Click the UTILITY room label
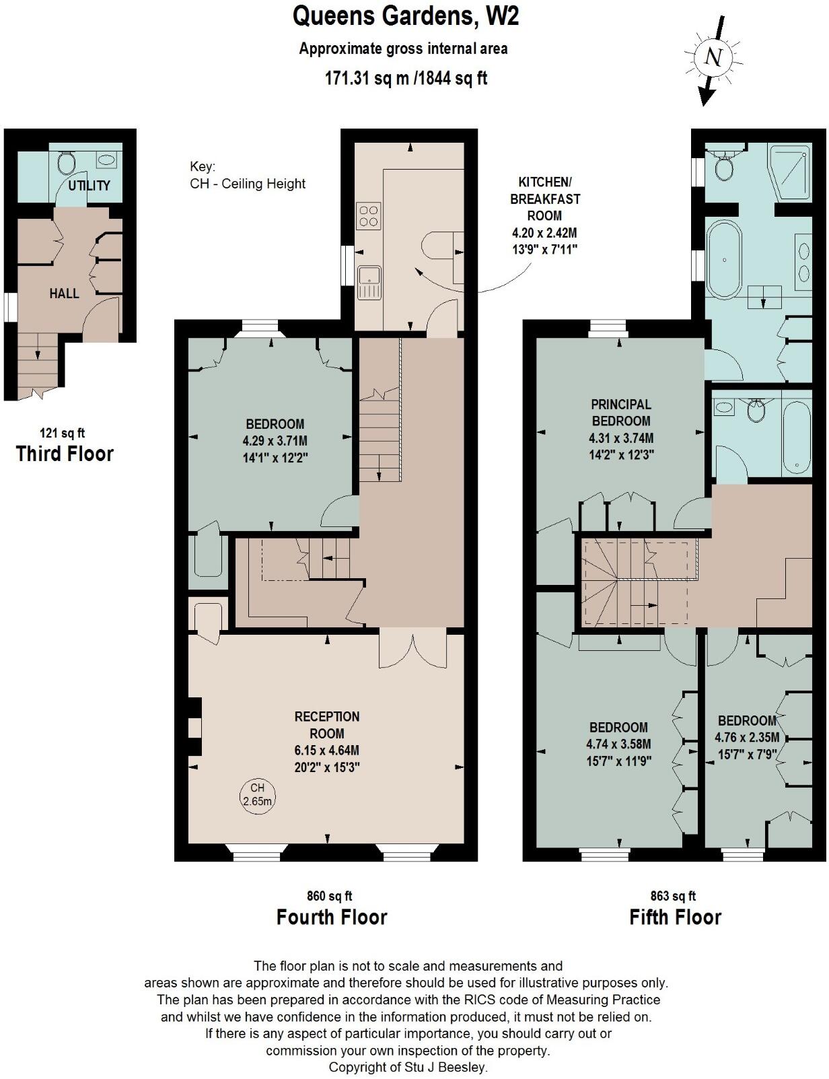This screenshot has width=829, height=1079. [89, 185]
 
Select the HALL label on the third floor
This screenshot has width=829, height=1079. [64, 293]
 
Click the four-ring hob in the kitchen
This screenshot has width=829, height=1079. [369, 215]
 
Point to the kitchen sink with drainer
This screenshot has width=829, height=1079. [369, 282]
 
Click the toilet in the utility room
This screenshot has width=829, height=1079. [67, 163]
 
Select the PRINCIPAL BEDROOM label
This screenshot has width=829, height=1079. [620, 413]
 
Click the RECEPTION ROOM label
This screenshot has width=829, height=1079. [327, 725]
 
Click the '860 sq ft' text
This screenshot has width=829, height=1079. [329, 896]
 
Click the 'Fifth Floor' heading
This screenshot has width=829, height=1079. [675, 917]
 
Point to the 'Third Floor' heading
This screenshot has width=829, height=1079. [65, 454]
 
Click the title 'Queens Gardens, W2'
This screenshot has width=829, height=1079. [406, 16]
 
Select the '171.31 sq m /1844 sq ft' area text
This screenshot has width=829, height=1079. [406, 78]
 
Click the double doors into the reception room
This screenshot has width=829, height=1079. [412, 649]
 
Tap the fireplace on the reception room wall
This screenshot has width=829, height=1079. [194, 728]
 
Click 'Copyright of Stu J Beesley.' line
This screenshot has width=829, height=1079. [408, 1067]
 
